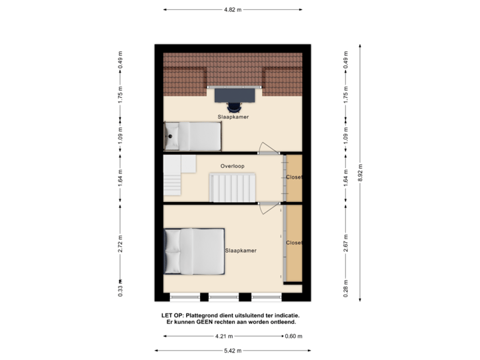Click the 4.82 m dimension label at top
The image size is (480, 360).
233,10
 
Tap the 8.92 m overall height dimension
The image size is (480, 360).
361,171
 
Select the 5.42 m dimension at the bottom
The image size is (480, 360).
233,350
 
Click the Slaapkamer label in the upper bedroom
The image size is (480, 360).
233,117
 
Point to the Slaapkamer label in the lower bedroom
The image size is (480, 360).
241,251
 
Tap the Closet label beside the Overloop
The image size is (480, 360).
294,177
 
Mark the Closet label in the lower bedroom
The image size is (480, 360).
294,243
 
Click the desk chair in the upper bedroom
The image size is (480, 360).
234,106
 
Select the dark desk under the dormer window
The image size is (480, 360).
234,95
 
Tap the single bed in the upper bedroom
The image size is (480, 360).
193,135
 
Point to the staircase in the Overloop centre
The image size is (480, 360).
231,187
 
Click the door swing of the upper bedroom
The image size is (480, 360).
269,148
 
